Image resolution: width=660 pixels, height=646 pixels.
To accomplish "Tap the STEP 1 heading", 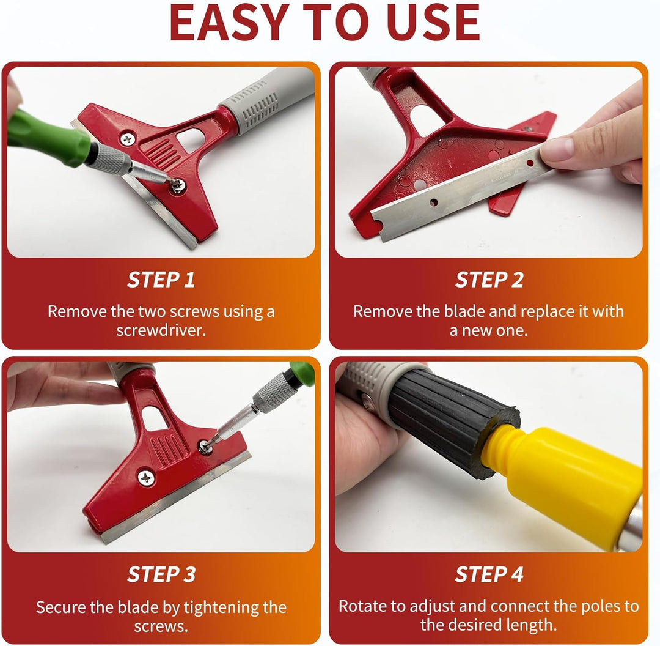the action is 161,280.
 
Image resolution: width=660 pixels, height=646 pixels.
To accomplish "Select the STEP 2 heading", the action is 489,280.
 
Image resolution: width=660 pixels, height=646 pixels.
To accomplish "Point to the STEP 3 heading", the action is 161,574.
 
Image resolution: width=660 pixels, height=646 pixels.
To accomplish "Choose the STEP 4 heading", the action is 489,574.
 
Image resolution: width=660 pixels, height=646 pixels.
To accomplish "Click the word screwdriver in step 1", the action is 161,330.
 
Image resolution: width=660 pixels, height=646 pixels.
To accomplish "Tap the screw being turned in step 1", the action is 178,185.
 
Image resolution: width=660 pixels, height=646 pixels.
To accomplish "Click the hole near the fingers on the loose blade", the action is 530,163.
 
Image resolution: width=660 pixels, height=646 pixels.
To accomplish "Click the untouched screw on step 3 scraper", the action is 146,478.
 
